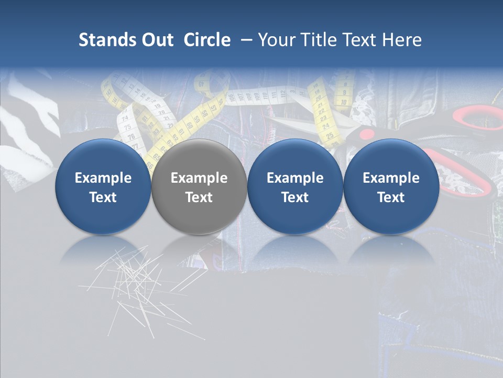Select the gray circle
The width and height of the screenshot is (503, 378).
pyautogui.click(x=199, y=186)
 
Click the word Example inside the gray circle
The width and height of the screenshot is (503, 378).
pyautogui.click(x=199, y=178)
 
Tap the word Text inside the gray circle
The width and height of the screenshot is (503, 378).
pyautogui.click(x=199, y=197)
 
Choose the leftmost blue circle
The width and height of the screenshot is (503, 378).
pyautogui.click(x=103, y=186)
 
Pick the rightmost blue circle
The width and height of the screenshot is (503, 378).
pyautogui.click(x=391, y=186)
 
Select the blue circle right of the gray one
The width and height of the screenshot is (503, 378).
pyautogui.click(x=295, y=186)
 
